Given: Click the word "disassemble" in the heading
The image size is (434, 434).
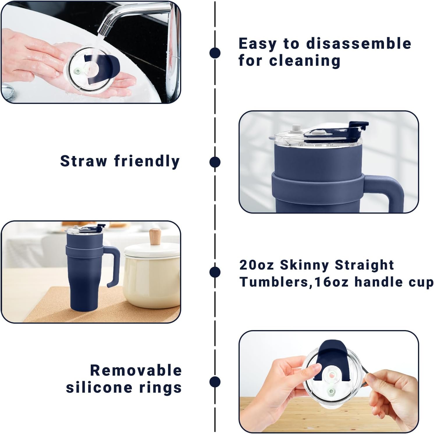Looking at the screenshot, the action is point(359,44).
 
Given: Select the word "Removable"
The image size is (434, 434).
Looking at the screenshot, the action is point(136,371).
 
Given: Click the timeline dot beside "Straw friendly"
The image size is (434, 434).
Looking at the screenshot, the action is point(215,162).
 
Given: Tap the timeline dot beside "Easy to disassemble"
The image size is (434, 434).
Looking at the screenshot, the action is point(215,53).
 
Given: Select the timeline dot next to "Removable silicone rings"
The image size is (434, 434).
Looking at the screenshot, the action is point(215,382).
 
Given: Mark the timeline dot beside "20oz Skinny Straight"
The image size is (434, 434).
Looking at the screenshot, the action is point(215,272).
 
